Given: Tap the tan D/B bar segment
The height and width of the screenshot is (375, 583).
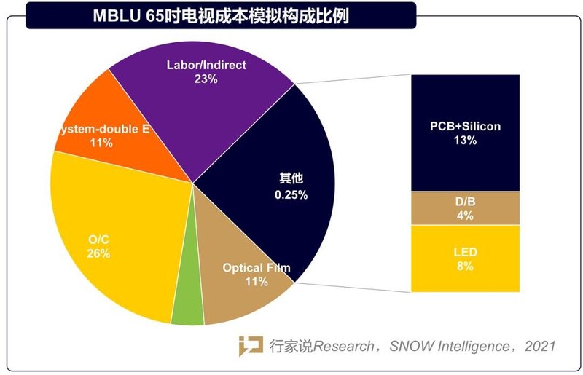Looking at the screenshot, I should coord(464,208).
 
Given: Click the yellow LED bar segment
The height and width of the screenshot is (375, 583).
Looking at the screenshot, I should coord(464,258).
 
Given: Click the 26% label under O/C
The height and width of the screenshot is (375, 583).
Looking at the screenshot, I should coord(98,254).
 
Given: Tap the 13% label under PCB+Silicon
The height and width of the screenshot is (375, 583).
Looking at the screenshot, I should coord(464,141).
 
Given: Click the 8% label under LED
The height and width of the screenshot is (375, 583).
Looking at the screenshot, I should coord(464,267).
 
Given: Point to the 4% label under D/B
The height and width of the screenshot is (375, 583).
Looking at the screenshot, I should coord(464,216).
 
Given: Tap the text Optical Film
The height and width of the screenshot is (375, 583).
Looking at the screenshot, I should coord(256,268).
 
